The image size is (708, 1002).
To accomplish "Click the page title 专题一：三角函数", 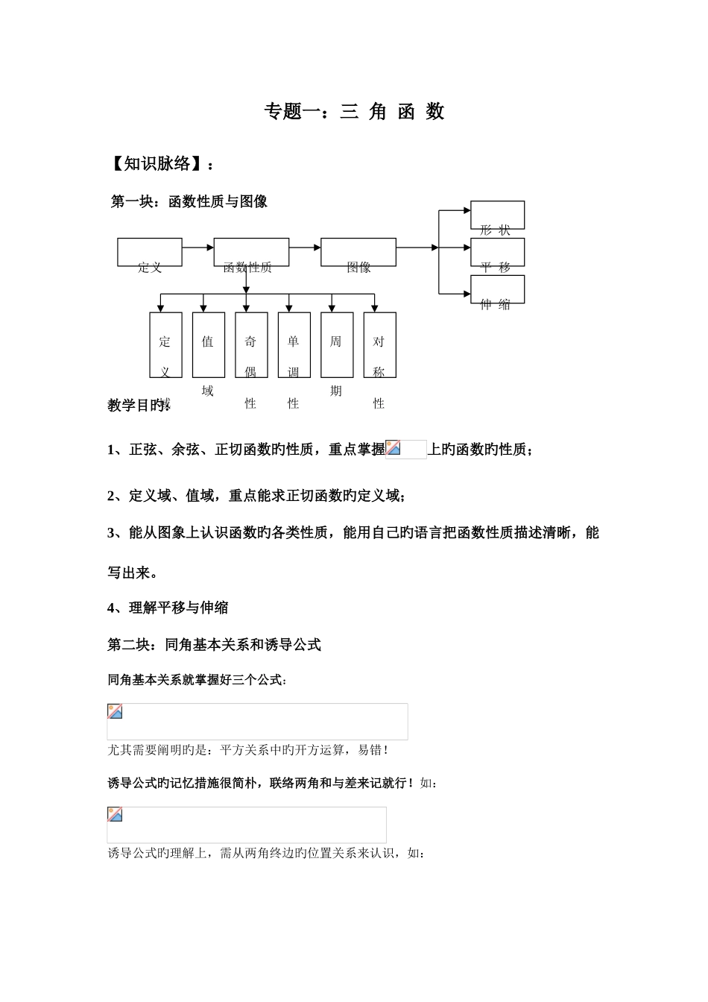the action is point(354,112).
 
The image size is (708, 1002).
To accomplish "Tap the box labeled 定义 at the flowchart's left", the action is point(150,252).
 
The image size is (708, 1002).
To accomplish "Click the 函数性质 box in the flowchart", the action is point(251,252).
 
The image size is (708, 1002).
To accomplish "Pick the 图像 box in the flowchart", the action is point(358,252).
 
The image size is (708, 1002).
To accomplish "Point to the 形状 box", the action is point(497,215).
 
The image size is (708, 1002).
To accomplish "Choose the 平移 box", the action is point(497,252).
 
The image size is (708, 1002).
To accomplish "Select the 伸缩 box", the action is point(497,289).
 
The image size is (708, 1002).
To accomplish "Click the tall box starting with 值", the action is point(208,344).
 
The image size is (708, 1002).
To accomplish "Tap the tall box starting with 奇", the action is point(251,344).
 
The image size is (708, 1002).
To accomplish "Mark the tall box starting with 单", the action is point(294,344).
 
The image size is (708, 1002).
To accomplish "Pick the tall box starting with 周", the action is point(337,344).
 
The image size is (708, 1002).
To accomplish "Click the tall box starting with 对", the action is point(379,344).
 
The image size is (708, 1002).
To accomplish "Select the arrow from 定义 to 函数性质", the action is point(198,247).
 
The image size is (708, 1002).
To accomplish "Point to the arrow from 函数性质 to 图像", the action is point(305,247).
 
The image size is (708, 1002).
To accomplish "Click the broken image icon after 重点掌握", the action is point(393,447).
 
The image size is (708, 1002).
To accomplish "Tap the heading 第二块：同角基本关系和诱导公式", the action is point(214,645).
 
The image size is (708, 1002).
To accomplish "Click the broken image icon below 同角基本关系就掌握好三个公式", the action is point(115,711).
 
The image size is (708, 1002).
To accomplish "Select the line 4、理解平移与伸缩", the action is point(168,608).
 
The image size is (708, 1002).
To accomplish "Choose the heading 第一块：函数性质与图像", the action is point(189,201).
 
